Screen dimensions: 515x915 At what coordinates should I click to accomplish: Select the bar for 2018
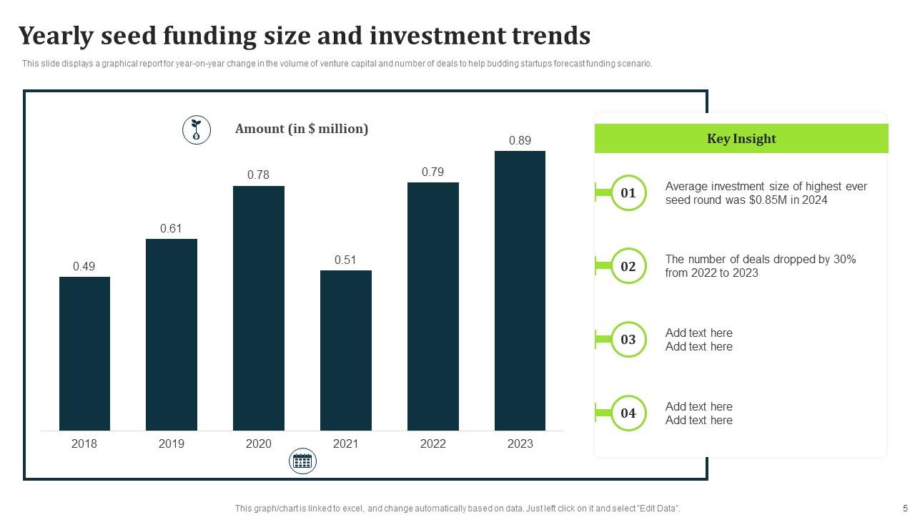click(x=84, y=353)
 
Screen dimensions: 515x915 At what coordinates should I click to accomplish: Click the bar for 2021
click(x=345, y=350)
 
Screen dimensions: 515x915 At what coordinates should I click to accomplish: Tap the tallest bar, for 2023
click(x=520, y=290)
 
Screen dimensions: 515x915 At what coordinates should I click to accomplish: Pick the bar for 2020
click(x=258, y=308)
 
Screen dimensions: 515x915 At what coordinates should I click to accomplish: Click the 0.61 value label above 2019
click(x=171, y=229)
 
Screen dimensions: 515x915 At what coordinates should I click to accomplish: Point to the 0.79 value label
click(x=432, y=172)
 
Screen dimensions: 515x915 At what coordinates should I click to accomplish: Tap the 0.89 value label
click(x=520, y=141)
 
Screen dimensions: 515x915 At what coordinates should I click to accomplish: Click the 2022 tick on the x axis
click(x=432, y=443)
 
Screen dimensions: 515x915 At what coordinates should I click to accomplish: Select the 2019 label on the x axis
click(x=171, y=443)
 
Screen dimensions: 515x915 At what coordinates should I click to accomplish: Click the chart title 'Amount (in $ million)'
click(x=302, y=129)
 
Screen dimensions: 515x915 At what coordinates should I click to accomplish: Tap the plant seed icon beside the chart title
click(x=197, y=130)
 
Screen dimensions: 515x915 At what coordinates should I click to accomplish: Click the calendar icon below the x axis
click(x=302, y=461)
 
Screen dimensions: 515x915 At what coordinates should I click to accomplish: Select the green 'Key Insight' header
click(x=741, y=139)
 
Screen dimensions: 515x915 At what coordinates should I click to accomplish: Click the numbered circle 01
click(x=628, y=193)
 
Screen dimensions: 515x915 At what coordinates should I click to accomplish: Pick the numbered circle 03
click(x=628, y=339)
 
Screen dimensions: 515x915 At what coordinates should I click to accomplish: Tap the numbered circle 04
click(x=628, y=413)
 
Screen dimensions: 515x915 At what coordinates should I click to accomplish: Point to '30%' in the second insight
click(x=844, y=259)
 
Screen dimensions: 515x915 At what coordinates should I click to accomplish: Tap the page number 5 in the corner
click(x=905, y=508)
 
